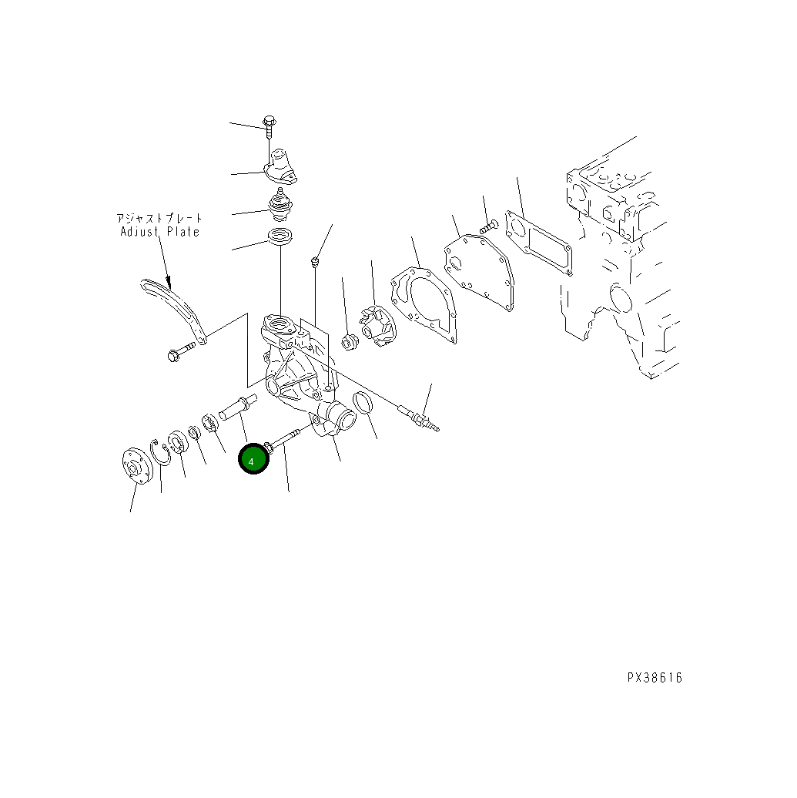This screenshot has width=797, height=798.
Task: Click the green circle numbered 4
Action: (x=253, y=458)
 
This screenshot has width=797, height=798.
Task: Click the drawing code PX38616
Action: (x=655, y=678)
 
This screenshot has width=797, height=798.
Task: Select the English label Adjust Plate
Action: (x=160, y=232)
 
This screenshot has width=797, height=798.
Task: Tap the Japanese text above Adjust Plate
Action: (x=160, y=218)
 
